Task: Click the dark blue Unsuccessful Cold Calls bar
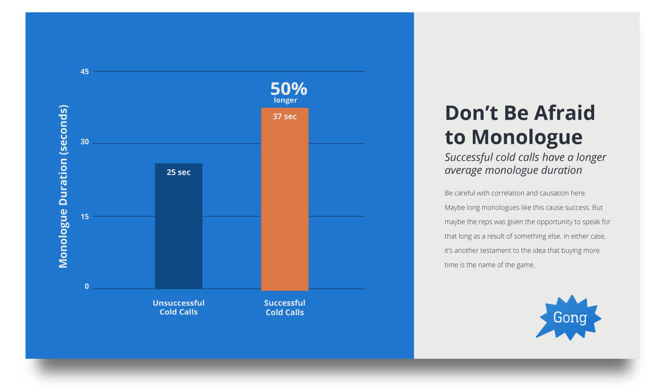(179, 226)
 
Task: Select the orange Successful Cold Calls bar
(285, 199)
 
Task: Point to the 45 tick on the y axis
(84, 72)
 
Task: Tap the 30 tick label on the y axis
(84, 142)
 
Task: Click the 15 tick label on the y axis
(84, 217)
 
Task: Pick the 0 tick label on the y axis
(87, 286)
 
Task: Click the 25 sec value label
(179, 173)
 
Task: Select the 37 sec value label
(285, 117)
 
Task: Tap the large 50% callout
(289, 89)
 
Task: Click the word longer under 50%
(285, 100)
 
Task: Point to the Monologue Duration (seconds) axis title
(63, 187)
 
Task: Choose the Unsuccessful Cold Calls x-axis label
(179, 307)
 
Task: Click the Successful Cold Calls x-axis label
(285, 308)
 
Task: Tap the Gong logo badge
(569, 318)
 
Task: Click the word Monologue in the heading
(527, 137)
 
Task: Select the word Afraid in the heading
(565, 113)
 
